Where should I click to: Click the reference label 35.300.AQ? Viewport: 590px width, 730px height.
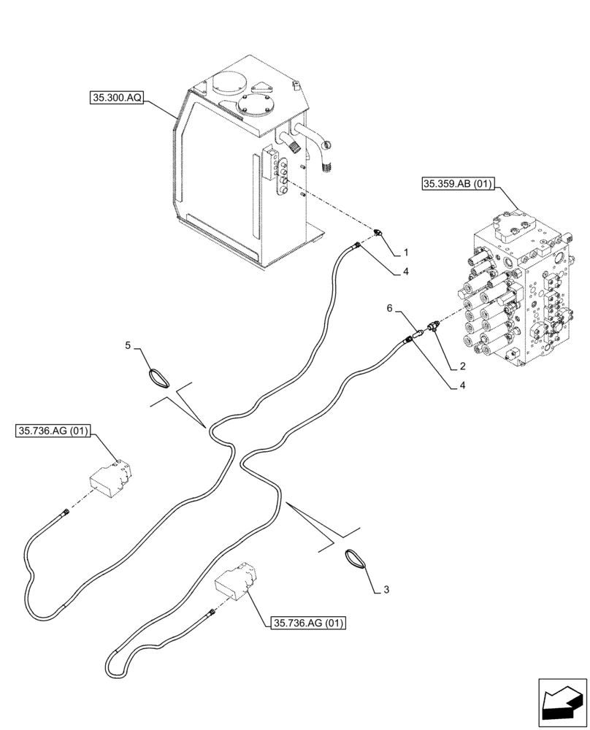point(118,96)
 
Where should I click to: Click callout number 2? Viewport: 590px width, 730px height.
point(462,366)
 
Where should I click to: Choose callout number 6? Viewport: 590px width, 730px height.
point(390,310)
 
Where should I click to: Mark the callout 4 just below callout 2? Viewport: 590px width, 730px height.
point(462,387)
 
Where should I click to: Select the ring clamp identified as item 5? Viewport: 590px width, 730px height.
point(157,377)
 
